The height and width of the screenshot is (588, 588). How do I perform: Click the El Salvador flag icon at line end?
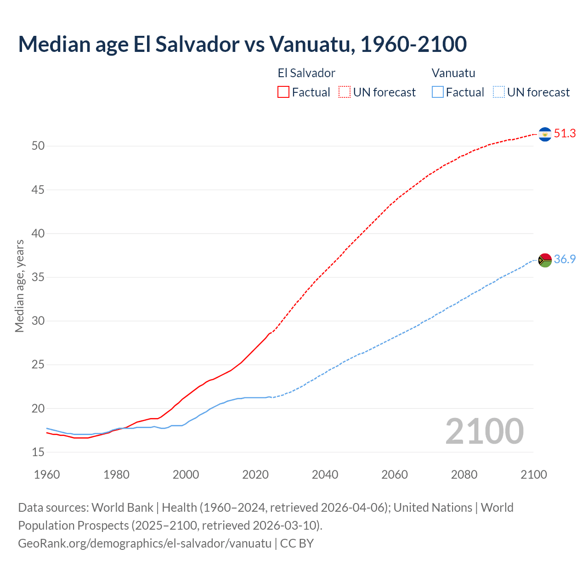pos(545,134)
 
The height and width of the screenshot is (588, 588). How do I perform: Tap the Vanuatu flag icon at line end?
pos(545,260)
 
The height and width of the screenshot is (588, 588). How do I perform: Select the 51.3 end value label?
pos(565,134)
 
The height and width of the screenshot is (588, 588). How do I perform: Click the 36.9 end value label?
pos(565,260)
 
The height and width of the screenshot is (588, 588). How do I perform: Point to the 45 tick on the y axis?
pos(38,190)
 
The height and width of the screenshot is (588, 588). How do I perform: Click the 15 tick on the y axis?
pos(38,452)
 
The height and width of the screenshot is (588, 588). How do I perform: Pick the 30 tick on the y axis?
pos(38,321)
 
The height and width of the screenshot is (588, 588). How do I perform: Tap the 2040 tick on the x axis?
pos(325,475)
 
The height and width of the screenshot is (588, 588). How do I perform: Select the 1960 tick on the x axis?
pos(47,475)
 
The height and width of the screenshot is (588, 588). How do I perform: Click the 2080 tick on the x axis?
pos(464,475)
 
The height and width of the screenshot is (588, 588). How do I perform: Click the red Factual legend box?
pos(283,92)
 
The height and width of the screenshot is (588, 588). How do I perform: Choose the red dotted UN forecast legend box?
pos(345,92)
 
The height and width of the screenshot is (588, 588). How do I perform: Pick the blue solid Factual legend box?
pos(438,92)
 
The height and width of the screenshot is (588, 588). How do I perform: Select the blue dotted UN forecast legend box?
pos(498,92)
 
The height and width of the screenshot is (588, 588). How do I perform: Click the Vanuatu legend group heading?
pos(453,73)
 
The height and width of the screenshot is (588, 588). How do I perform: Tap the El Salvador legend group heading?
pos(306,73)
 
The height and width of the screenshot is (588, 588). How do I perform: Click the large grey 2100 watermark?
pos(484,431)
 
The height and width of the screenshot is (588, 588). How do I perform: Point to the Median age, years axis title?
pos(19,286)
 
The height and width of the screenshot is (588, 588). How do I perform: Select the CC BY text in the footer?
pos(297,543)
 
